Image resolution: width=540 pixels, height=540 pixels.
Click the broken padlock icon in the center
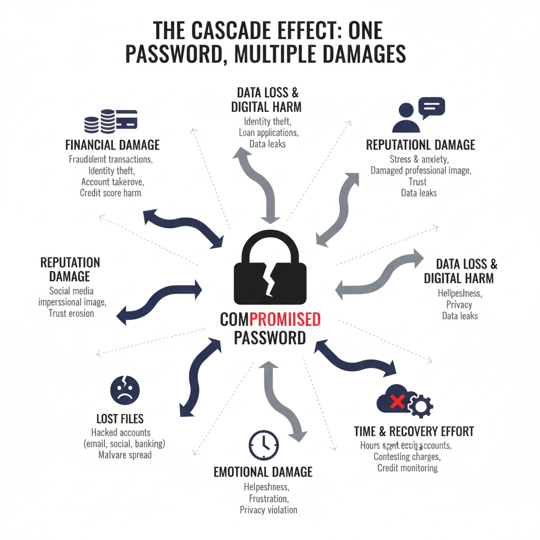pyautogui.click(x=270, y=269)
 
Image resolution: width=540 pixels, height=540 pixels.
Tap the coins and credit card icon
pyautogui.click(x=111, y=121)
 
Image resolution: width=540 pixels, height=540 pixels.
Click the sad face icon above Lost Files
pyautogui.click(x=125, y=390)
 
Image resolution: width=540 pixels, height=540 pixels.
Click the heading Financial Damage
pyautogui.click(x=112, y=145)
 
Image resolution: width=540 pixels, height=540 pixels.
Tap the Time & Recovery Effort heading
pyautogui.click(x=414, y=431)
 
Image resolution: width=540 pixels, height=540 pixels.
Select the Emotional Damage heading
pyautogui.click(x=263, y=472)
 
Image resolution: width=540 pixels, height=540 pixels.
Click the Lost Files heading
pyautogui.click(x=120, y=419)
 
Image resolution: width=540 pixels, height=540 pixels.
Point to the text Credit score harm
pyautogui.click(x=111, y=193)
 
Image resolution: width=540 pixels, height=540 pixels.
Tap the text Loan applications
pyautogui.click(x=268, y=133)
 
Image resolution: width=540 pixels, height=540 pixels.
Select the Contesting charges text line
pyautogui.click(x=407, y=457)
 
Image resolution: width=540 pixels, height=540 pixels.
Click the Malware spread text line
pyautogui.click(x=125, y=455)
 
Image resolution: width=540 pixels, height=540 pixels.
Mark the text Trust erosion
pyautogui.click(x=72, y=313)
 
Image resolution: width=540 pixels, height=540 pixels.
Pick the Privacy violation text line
pyautogui.click(x=268, y=510)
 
